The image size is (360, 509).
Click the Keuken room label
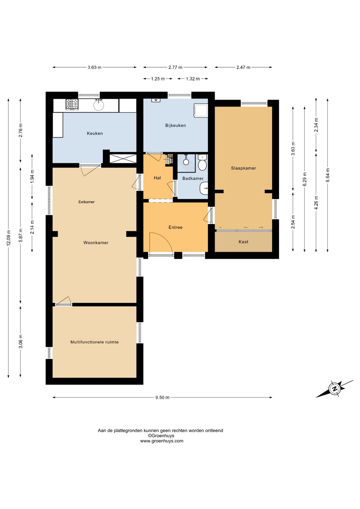pyautogui.click(x=95, y=133)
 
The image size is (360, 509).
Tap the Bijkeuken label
pyautogui.click(x=175, y=125)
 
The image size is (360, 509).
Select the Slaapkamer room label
pyautogui.click(x=243, y=168)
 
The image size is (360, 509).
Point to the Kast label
pyautogui.click(x=243, y=242)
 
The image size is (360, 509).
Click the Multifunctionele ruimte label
pyautogui.click(x=94, y=342)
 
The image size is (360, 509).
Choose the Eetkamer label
pyautogui.click(x=86, y=202)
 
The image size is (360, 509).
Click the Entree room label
pyautogui.click(x=175, y=227)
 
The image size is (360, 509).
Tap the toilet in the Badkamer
pyautogui.click(x=202, y=163)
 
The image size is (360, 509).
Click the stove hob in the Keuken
pyautogui.click(x=72, y=104)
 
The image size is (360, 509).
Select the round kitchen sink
pyautogui.click(x=99, y=105)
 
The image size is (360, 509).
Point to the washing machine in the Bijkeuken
pyautogui.click(x=201, y=110)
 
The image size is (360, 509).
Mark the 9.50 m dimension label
pyautogui.click(x=162, y=397)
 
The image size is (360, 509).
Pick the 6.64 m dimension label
pyautogui.click(x=328, y=175)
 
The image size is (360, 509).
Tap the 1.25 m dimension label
pyautogui.click(x=158, y=79)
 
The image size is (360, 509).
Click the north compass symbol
pyautogui.click(x=335, y=389)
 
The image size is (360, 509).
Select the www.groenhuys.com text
pyautogui.click(x=162, y=441)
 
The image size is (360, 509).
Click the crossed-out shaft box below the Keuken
pyautogui.click(x=123, y=159)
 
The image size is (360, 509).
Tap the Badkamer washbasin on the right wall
pyautogui.click(x=204, y=188)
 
